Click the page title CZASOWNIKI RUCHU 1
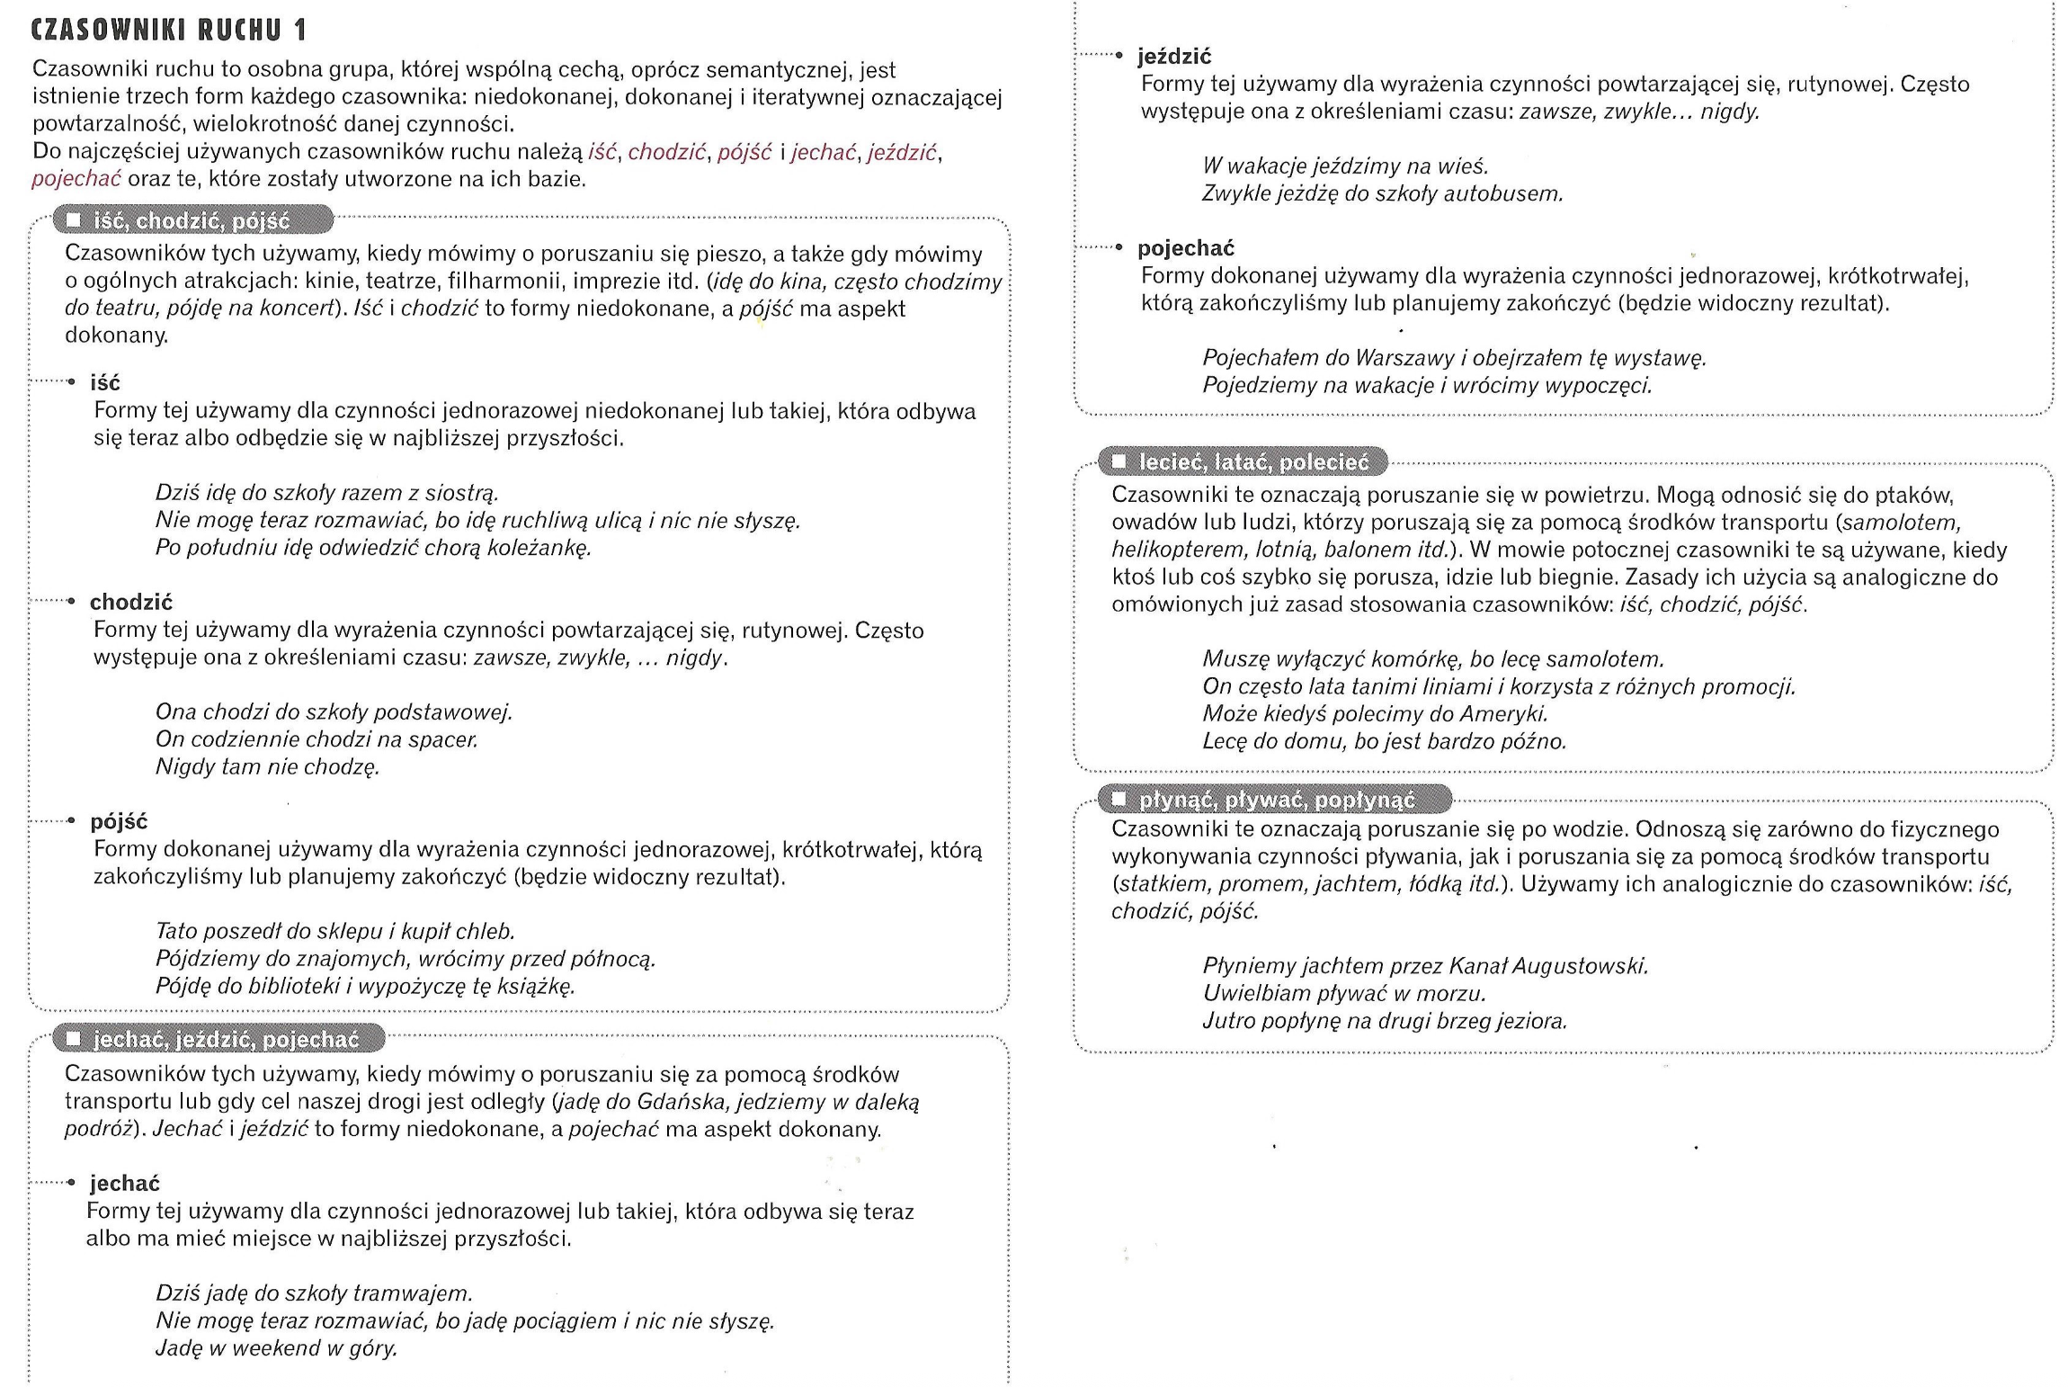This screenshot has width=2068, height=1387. (x=169, y=31)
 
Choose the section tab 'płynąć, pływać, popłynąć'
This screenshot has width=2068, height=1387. (x=1277, y=800)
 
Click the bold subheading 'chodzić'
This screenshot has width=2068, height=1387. (x=131, y=602)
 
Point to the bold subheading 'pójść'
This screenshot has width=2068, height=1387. (x=119, y=821)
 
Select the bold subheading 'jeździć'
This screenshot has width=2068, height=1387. (x=1174, y=57)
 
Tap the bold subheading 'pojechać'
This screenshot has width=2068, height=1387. (x=1186, y=248)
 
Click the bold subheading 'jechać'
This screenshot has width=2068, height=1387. (x=125, y=1183)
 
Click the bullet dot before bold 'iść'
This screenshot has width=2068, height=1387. (x=72, y=382)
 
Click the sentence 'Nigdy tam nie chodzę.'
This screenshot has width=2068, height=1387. (x=267, y=767)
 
